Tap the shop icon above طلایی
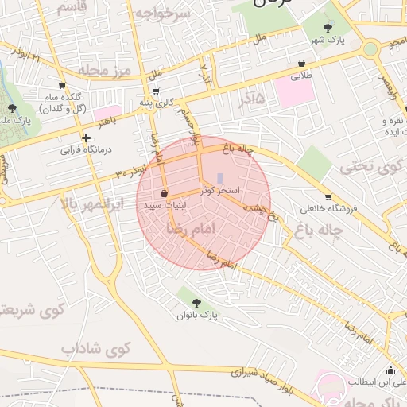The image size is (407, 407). point(302,64)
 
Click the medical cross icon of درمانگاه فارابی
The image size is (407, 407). point(86,138)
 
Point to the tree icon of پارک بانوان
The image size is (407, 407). point(196,301)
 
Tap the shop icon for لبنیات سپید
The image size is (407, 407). point(164,193)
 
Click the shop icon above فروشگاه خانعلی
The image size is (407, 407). point(328,196)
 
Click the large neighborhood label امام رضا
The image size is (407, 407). point(188,227)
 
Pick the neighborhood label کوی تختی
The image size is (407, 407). point(366,168)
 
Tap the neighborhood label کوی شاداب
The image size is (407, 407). point(95,348)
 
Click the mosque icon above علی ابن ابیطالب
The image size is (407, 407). point(390,370)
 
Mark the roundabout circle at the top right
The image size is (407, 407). point(370,48)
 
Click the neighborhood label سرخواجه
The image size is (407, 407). point(162,14)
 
